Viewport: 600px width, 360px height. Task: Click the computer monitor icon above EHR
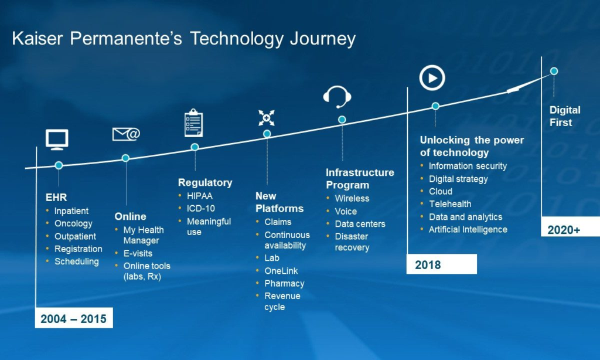57,140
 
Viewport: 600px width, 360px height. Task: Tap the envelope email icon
127,134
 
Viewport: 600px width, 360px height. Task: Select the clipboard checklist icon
193,123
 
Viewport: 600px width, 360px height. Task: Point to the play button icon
432,78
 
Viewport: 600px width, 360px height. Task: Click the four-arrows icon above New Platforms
267,118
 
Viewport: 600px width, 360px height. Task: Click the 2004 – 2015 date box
74,318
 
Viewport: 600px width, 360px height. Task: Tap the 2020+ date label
564,230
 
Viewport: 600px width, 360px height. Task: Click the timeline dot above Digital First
554,71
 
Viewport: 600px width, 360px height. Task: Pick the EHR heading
56,198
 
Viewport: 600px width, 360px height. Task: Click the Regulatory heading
205,183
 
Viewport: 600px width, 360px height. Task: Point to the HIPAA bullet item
199,196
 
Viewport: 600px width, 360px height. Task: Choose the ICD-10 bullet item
200,209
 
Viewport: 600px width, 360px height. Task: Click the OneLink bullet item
281,271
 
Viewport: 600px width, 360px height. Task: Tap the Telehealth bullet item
450,204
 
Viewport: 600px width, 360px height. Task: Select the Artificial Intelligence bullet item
468,230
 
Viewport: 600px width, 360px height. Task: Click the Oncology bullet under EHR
73,223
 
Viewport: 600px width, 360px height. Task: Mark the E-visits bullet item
138,253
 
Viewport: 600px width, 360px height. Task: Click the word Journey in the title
323,39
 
